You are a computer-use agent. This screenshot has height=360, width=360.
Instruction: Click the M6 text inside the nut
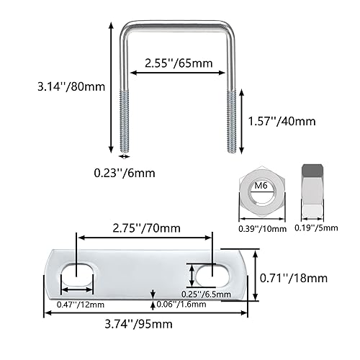(x=262, y=188)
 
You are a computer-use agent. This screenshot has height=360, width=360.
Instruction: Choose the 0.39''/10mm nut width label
(x=262, y=228)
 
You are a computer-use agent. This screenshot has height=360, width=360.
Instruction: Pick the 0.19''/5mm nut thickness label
(x=314, y=228)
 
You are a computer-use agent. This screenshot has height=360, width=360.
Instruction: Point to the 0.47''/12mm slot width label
(x=75, y=303)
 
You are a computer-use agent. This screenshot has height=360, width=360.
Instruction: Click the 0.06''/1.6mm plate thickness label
(x=183, y=303)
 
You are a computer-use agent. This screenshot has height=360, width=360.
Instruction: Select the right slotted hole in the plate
(x=213, y=274)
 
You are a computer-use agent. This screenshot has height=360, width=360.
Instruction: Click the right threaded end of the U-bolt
(x=231, y=120)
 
